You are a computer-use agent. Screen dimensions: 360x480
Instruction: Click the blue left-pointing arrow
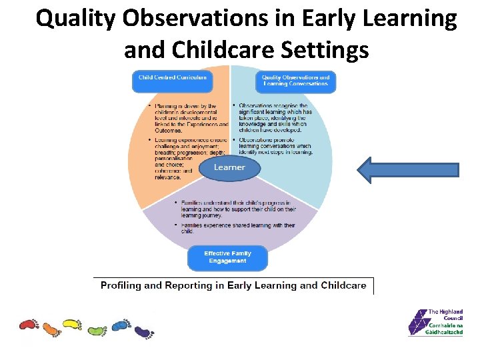pos(408,169)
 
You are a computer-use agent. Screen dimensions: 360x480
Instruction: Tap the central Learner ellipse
pos(229,167)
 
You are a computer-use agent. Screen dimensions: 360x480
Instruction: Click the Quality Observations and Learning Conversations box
pos(295,81)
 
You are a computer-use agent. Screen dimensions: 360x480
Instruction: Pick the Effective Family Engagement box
pos(227,257)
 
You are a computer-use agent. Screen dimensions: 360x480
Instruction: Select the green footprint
pos(97,329)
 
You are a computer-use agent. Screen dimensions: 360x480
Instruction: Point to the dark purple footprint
pos(143,331)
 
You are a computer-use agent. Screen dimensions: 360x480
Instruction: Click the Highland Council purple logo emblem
pos(417,323)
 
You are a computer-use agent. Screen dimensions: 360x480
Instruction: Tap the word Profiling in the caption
pos(121,285)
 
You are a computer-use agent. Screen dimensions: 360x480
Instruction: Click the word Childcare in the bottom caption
pos(343,285)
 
